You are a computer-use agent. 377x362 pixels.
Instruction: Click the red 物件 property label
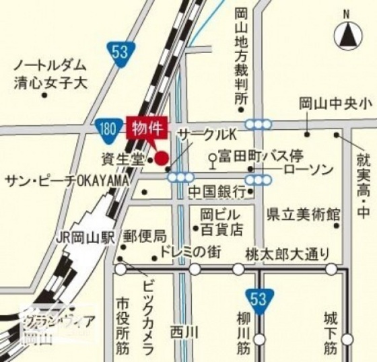click(146, 128)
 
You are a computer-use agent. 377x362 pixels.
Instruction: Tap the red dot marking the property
click(162, 158)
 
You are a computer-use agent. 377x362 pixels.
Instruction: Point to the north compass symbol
click(347, 34)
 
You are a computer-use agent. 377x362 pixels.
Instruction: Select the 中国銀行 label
click(217, 192)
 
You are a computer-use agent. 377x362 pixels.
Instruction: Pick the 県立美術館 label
click(303, 214)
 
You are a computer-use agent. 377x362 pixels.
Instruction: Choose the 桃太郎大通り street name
click(287, 253)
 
